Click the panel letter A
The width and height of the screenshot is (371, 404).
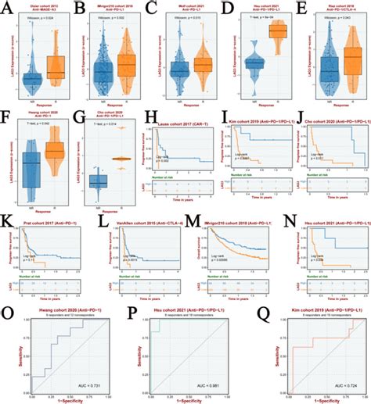coord(5,6)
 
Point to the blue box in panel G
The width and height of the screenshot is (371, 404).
coord(98,181)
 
